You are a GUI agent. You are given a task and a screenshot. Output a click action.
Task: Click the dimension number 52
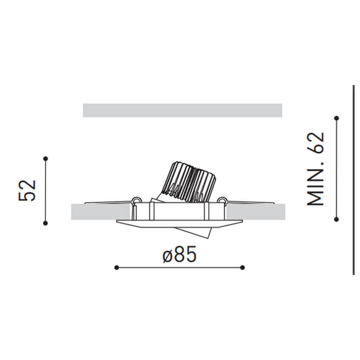click(x=27, y=190)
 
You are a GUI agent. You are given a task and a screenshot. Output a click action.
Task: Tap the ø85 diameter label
click(x=179, y=255)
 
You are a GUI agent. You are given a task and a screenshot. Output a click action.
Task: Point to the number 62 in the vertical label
click(x=315, y=143)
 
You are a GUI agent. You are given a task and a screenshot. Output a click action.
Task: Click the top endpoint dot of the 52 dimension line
click(x=45, y=158)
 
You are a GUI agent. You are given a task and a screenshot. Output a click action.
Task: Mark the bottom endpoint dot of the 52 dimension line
click(x=45, y=223)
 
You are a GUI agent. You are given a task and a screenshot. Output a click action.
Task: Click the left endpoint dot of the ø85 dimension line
click(x=117, y=267)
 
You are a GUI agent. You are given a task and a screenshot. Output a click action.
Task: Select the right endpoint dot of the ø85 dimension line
click(x=243, y=267)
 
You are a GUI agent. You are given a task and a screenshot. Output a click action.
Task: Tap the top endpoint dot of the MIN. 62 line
click(x=336, y=118)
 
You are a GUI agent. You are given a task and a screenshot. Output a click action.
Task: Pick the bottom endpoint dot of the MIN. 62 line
click(x=336, y=219)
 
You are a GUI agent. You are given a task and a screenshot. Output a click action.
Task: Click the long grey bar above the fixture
click(x=182, y=110)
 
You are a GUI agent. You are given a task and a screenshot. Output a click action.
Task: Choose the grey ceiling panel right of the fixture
click(x=256, y=212)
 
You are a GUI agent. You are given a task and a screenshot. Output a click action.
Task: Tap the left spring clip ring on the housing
click(x=135, y=200)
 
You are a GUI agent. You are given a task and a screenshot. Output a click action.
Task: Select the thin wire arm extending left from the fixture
click(x=108, y=202)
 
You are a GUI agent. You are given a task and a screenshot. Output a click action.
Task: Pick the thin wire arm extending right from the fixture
click(x=250, y=202)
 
